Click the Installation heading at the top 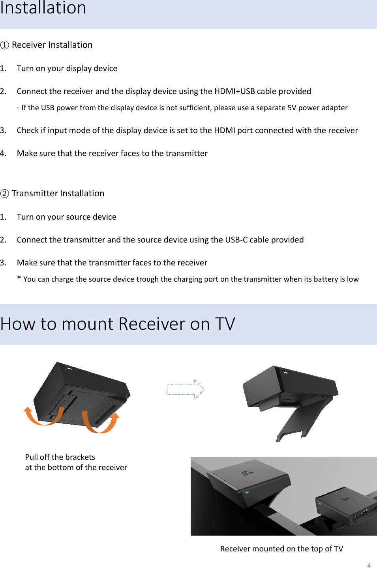click(x=43, y=8)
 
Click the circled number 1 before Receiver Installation click(x=5, y=45)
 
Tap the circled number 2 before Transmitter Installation click(x=5, y=194)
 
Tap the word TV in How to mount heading click(x=225, y=324)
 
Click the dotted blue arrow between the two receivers click(x=185, y=389)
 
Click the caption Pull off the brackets click(x=60, y=457)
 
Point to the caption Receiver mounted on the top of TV click(x=281, y=549)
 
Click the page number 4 click(x=369, y=565)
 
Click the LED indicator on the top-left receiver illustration click(x=69, y=369)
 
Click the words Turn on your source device click(x=66, y=217)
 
